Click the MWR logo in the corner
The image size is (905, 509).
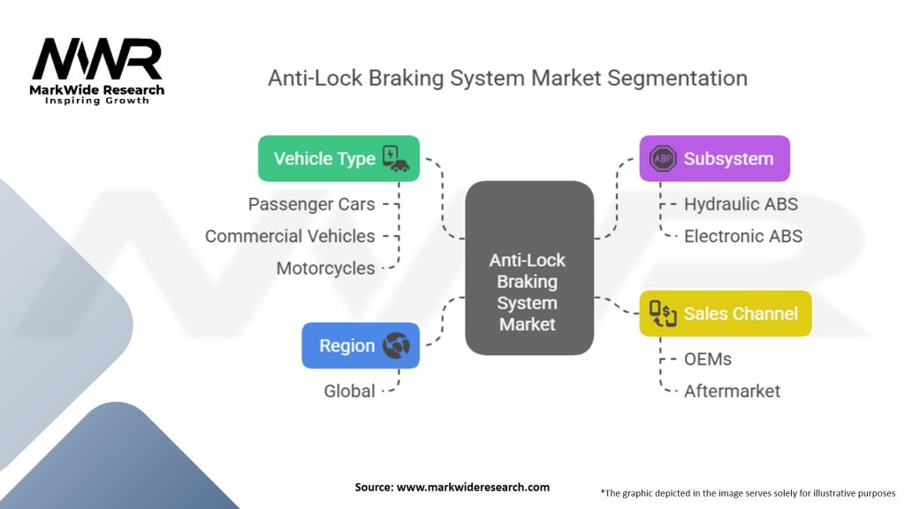pos(97,62)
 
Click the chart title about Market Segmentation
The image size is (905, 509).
pos(507,78)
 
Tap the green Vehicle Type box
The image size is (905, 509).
pos(338,158)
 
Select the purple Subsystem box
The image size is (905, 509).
pos(714,159)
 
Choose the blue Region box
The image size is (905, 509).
pos(360,346)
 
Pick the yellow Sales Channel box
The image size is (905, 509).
pos(725,313)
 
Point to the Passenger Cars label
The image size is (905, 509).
pos(311,204)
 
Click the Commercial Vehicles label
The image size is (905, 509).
pos(290,236)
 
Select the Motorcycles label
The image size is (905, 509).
pos(325,268)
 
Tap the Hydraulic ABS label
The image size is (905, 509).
pos(741,204)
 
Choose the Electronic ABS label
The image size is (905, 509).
pos(743,236)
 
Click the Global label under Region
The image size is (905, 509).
pos(349,391)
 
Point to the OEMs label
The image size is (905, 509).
pos(708,360)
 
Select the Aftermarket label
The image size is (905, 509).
pos(732,391)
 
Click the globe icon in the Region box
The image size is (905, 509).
pos(396,346)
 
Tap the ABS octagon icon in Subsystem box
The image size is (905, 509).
pos(662,159)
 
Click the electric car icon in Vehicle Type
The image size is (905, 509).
pos(394,158)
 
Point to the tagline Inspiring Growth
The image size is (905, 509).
pos(97,101)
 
